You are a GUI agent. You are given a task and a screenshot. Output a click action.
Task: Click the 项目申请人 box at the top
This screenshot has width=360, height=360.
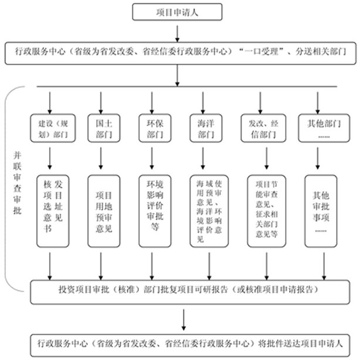[178, 11]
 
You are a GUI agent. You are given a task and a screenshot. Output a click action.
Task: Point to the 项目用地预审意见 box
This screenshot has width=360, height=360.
[100, 210]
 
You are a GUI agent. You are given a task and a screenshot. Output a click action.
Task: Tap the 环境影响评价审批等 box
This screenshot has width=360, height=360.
[151, 210]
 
